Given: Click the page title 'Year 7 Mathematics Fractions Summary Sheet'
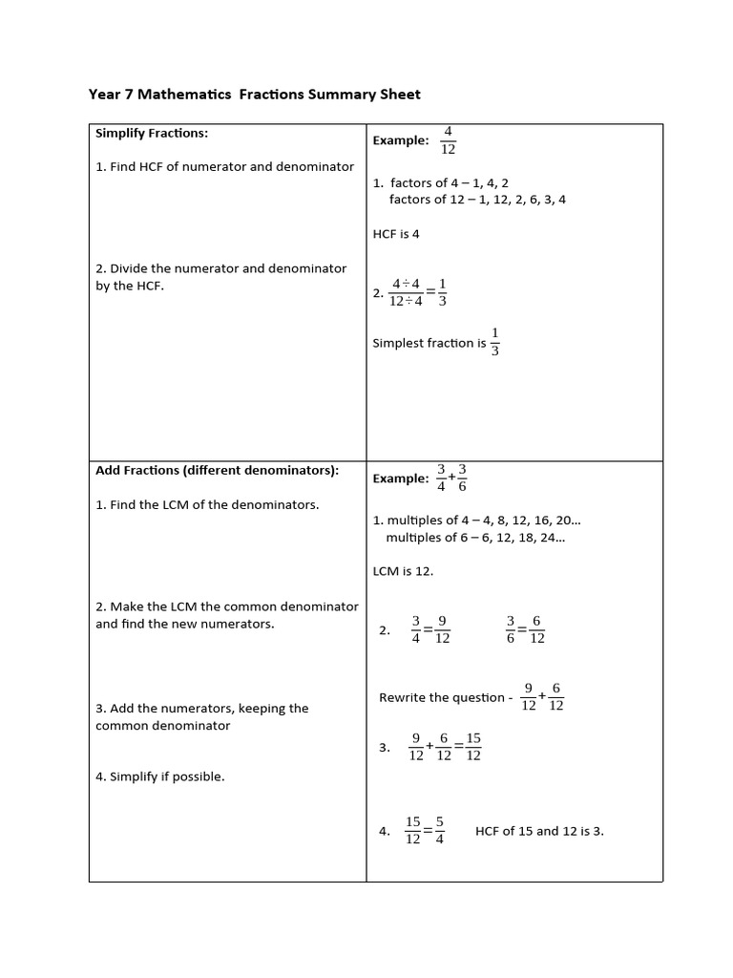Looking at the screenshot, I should point(254,95).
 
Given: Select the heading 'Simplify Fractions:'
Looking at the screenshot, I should point(152,133).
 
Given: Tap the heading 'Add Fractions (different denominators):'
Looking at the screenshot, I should point(218,471).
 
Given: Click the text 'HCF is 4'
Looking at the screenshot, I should point(396,234).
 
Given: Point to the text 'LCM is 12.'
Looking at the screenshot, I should point(403,571).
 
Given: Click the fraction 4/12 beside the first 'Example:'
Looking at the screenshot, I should point(448,139).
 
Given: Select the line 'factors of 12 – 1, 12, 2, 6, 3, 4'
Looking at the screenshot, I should point(477,200).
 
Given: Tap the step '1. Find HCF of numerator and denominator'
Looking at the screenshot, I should point(224,166).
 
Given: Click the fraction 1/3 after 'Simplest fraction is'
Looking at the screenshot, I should point(494,342).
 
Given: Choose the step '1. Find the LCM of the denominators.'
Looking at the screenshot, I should point(207,504).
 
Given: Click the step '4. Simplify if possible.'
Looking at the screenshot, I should point(160,776).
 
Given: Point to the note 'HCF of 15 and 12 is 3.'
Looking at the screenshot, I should point(539,831).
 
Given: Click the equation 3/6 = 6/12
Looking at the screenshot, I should point(525,629).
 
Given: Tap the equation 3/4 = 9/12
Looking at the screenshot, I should point(430,629).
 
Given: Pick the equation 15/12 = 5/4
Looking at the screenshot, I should point(425,830).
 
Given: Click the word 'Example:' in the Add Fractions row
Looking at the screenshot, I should point(401,478).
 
